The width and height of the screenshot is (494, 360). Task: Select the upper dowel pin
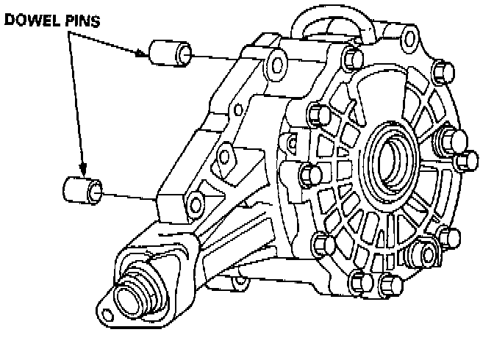pos(170,54)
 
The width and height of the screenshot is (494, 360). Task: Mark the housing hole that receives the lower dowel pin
pos(195,201)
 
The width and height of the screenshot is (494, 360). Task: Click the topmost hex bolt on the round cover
pos(351,58)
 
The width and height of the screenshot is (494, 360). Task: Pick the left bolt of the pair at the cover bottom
pos(358,281)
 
